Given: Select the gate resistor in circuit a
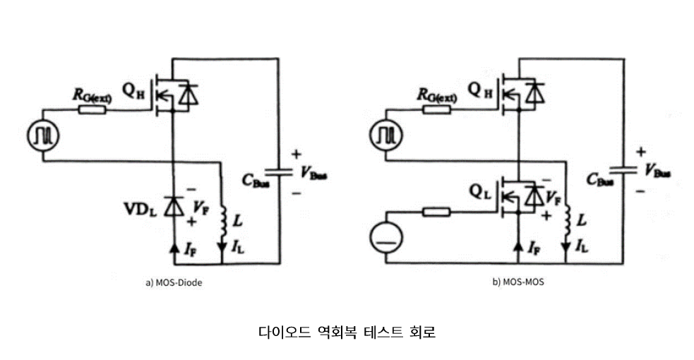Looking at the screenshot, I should [x=93, y=110].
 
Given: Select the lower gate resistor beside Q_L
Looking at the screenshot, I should [x=435, y=210].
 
